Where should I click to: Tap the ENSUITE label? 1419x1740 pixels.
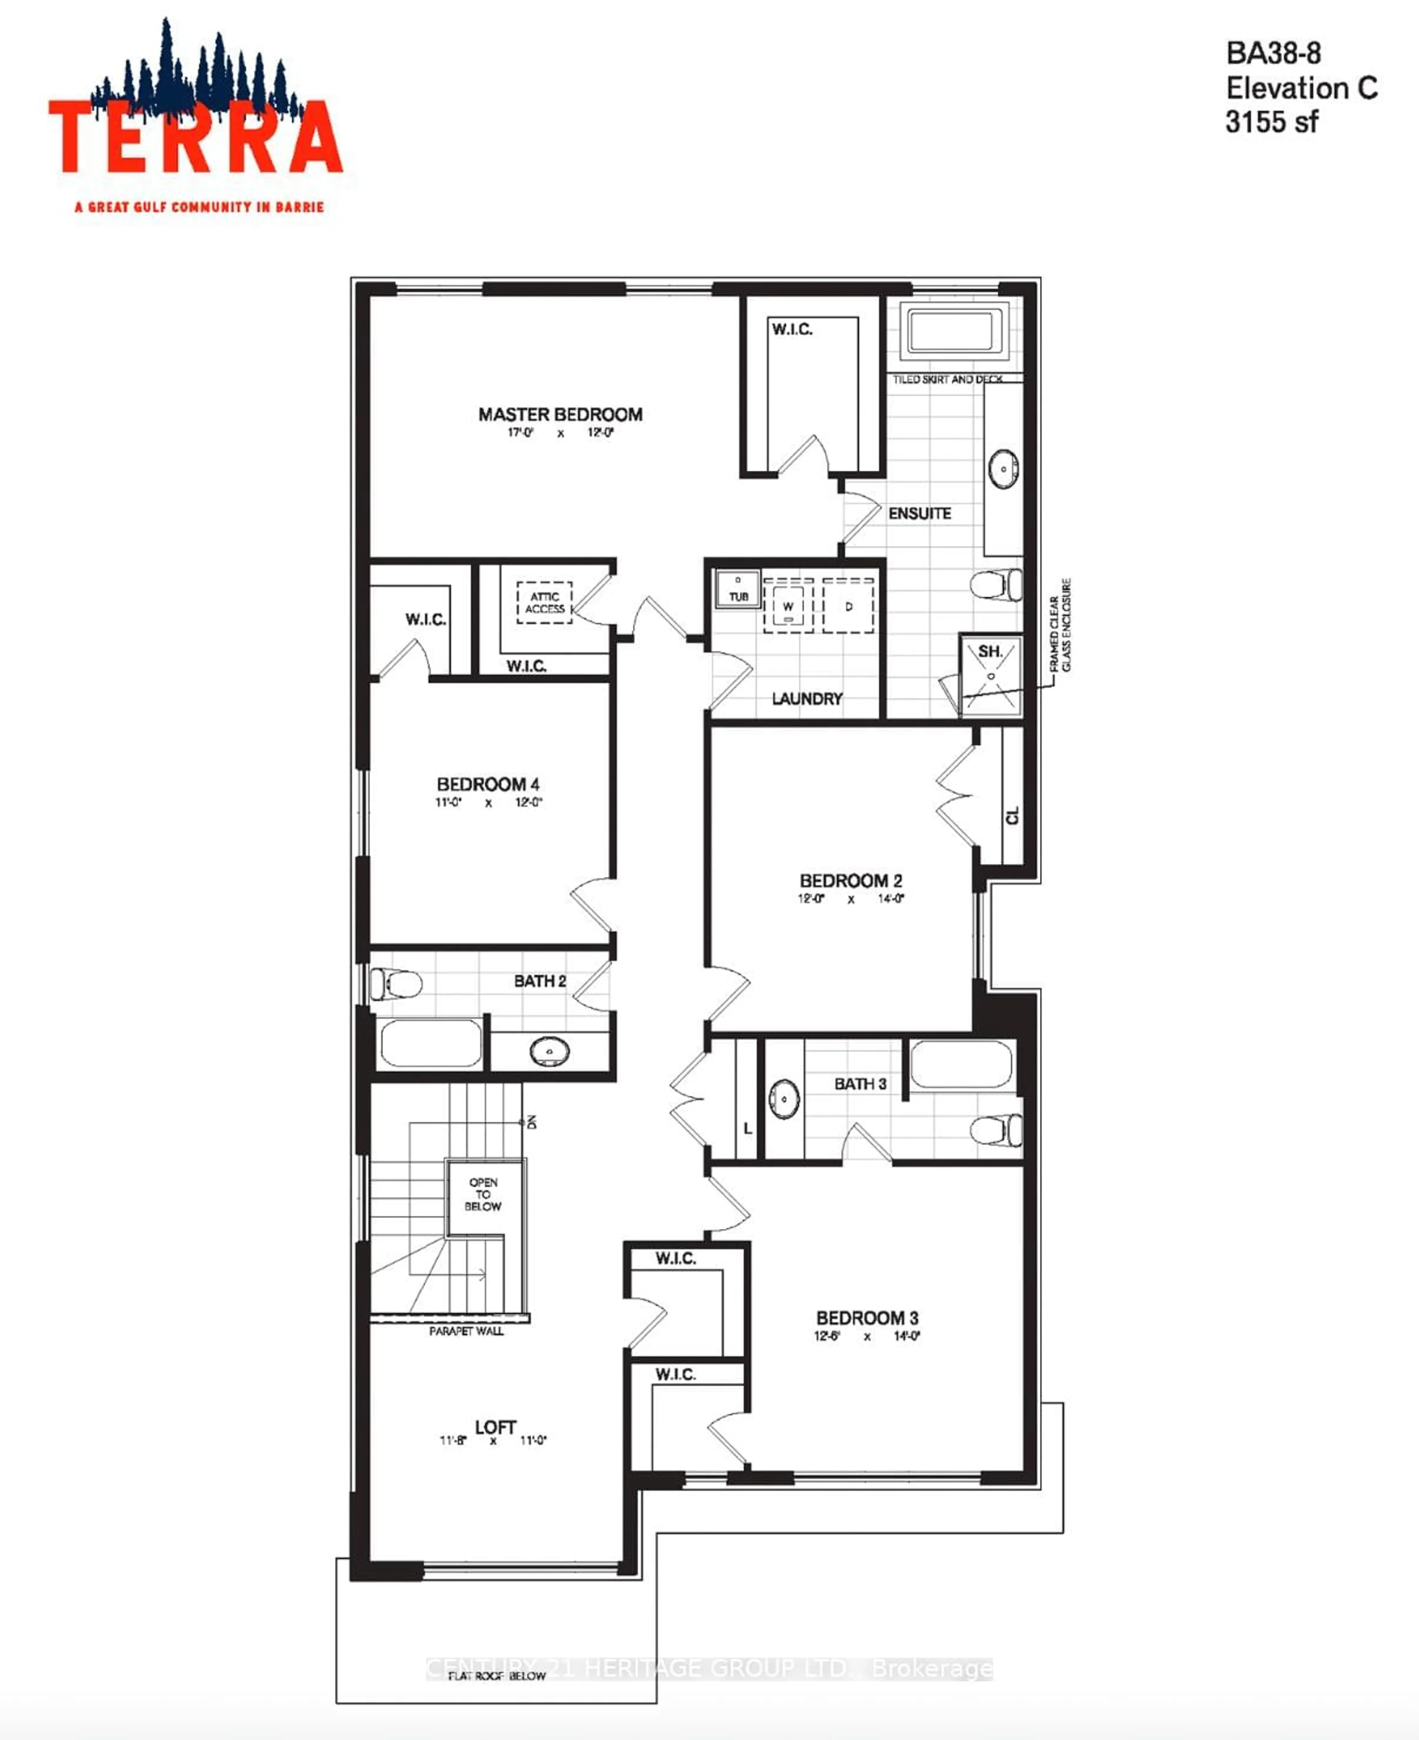click(x=919, y=514)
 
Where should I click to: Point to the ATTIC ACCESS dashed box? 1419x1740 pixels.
click(x=544, y=603)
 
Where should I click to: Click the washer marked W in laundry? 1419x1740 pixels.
click(x=788, y=606)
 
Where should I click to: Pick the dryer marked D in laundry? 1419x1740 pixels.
click(x=848, y=606)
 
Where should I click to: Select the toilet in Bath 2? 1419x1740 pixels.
click(x=396, y=984)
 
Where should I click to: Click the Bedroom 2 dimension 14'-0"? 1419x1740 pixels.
click(x=891, y=898)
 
